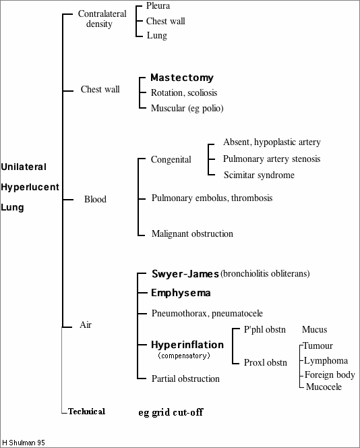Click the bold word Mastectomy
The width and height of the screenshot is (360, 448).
[x=181, y=78]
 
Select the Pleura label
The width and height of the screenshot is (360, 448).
[x=158, y=6]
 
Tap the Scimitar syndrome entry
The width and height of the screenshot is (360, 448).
[x=260, y=175]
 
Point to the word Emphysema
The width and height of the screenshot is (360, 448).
[x=181, y=293]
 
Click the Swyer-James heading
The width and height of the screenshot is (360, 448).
[x=185, y=273]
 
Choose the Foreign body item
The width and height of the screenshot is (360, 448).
[x=329, y=374]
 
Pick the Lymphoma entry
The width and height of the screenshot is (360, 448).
[x=326, y=360]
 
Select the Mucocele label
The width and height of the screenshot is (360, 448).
[x=324, y=387]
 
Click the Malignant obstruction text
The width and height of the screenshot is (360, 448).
[x=192, y=233]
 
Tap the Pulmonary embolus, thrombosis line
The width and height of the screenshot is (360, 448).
[x=212, y=198]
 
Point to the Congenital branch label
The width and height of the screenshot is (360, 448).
[x=171, y=160]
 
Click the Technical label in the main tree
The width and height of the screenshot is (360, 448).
[x=86, y=411]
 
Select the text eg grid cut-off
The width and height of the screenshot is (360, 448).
[x=171, y=411]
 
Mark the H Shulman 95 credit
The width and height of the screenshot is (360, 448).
[x=23, y=443]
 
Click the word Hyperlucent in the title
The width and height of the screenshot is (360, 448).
[x=30, y=186]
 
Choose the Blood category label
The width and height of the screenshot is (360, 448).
[x=95, y=199]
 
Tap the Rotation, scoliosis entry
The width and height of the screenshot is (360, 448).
[x=184, y=92]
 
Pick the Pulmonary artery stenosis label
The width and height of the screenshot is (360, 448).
[x=272, y=159]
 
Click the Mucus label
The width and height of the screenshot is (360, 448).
[x=314, y=329]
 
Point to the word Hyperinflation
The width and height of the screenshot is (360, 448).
[x=187, y=344]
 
